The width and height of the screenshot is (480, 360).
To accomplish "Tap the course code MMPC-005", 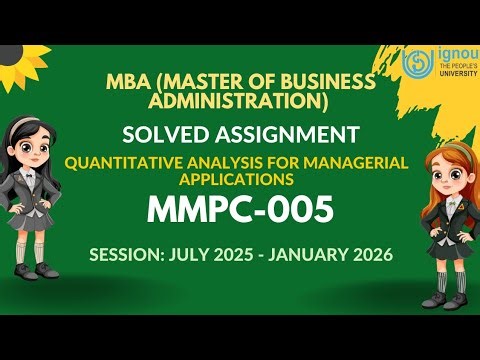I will click(240, 211).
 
